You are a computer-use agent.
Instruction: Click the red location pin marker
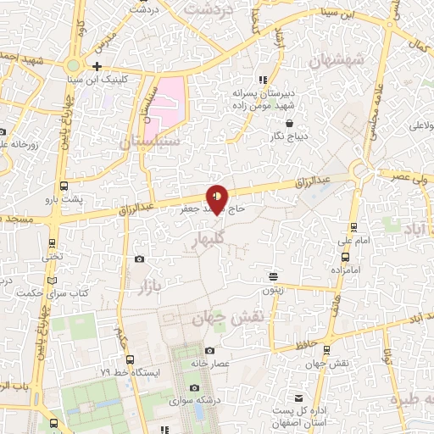click(x=218, y=198)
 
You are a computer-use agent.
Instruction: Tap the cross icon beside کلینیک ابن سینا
click(x=97, y=66)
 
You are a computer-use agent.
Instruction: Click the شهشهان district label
click(x=337, y=61)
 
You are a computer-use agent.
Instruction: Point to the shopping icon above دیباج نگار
click(x=290, y=123)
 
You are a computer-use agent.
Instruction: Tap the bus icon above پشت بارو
click(x=64, y=186)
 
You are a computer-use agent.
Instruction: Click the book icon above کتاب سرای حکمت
click(x=53, y=281)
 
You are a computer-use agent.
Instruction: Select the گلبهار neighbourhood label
click(x=204, y=239)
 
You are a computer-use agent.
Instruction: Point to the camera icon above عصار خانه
click(x=209, y=351)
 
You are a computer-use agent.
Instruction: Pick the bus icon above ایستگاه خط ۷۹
click(x=117, y=361)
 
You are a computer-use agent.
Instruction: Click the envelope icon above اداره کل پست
click(x=298, y=398)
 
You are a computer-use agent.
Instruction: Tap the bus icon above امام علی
click(x=353, y=226)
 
